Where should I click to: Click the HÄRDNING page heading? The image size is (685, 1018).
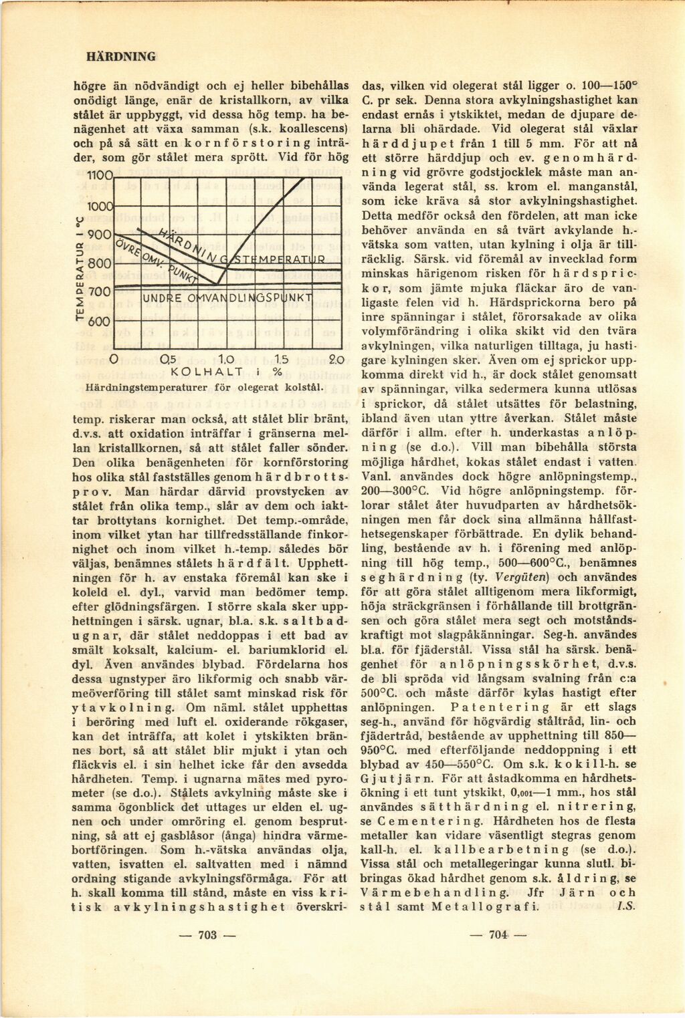[121, 57]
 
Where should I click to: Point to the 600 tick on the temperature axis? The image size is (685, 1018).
[100, 321]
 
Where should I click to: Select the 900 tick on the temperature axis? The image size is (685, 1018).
[100, 235]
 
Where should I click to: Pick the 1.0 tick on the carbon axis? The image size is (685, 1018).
[224, 360]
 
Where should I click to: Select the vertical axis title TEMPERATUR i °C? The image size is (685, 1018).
[81, 267]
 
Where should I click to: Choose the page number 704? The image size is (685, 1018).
[498, 935]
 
